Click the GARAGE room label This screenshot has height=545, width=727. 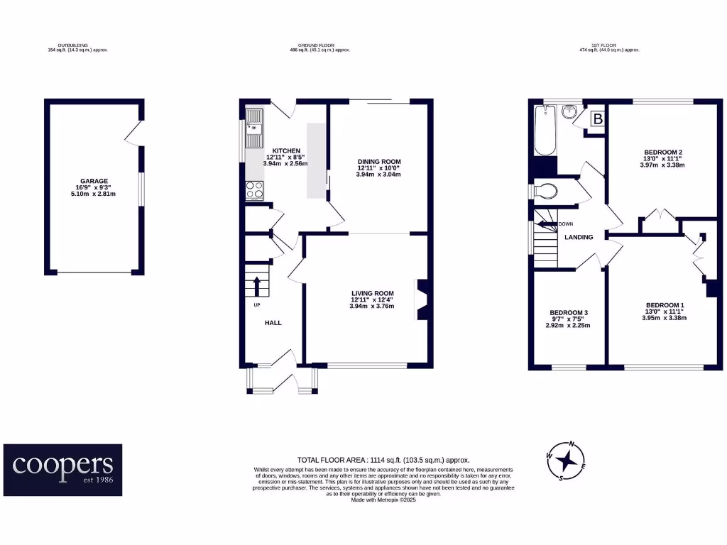click(x=94, y=181)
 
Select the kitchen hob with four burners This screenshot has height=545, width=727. click(x=254, y=189)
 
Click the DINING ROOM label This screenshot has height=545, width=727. click(x=378, y=162)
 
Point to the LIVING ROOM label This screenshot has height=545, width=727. click(x=372, y=293)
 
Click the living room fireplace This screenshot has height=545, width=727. click(x=423, y=300)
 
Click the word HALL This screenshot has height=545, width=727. click(x=273, y=323)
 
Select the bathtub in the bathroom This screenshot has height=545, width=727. click(x=545, y=130)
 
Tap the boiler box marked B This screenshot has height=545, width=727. click(x=598, y=119)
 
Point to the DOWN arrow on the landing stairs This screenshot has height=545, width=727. click(x=547, y=224)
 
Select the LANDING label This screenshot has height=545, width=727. click(x=579, y=237)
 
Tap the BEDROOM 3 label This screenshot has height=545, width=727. click(x=569, y=313)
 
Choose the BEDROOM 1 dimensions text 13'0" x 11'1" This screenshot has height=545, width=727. click(x=663, y=312)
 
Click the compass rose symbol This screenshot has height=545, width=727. click(x=566, y=461)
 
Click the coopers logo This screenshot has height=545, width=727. click(x=62, y=470)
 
